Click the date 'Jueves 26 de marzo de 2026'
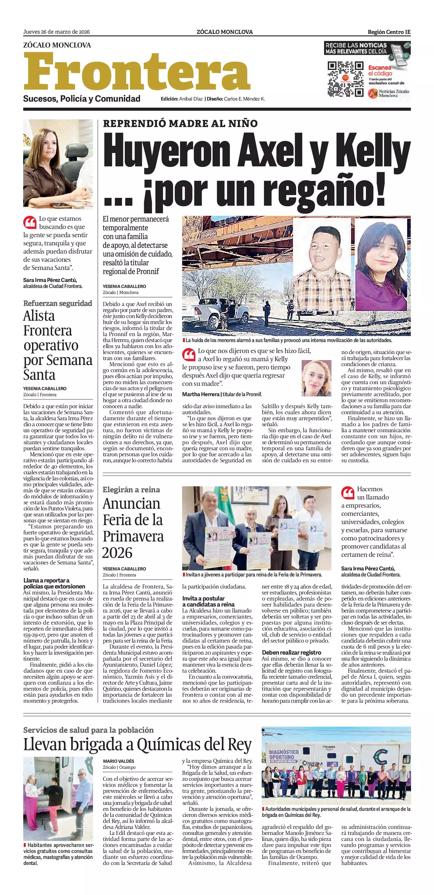[56, 32]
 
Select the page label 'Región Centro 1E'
[389, 32]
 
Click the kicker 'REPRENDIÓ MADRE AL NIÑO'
[180, 123]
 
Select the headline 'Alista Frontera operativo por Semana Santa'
[58, 345]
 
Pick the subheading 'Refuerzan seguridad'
[58, 303]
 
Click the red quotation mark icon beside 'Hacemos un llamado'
[347, 493]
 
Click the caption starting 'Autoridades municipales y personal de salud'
[336, 812]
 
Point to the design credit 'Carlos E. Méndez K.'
[244, 99]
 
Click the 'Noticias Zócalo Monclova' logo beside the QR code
[389, 93]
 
